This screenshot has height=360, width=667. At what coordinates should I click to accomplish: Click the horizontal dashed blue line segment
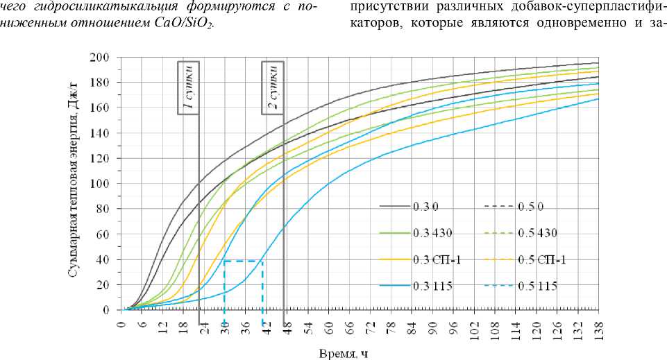tap(243, 261)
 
